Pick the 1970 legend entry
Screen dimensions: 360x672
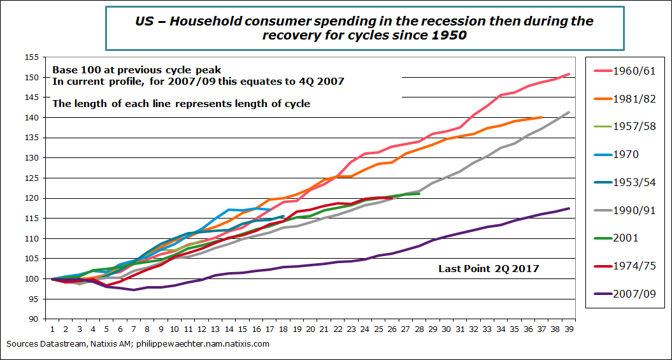coord(628,154)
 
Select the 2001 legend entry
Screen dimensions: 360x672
coord(628,238)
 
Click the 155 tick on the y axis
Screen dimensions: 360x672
coord(32,57)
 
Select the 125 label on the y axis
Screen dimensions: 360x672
coord(32,158)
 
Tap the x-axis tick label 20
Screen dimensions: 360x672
coord(311,329)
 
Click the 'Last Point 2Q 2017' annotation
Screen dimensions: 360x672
coord(489,269)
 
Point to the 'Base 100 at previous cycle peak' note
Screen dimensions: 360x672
coord(136,69)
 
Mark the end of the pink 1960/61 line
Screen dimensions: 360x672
coord(569,74)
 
